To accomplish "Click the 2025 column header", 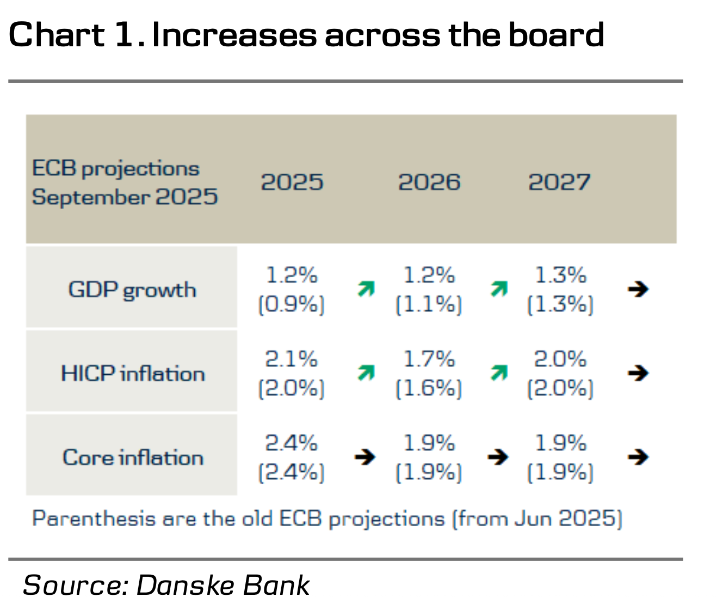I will [292, 182].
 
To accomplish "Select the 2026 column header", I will [429, 182].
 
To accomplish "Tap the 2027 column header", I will [559, 182].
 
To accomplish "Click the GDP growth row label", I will [132, 289].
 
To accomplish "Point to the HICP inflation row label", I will [132, 374].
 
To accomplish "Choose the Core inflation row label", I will [132, 458].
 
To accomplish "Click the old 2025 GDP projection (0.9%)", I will [291, 304].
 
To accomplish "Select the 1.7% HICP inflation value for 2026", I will [429, 359].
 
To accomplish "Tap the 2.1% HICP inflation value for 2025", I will [291, 359].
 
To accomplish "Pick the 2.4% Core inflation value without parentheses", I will [291, 443].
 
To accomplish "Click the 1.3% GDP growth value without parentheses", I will [560, 275].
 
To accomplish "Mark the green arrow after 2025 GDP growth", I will [366, 289].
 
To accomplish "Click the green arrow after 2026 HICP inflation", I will [499, 373].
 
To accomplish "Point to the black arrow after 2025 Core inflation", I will [364, 456].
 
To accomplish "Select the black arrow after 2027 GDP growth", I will [638, 289].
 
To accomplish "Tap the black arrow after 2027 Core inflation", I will [638, 456].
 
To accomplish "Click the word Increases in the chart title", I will [234, 35].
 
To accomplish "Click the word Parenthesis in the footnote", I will [93, 518].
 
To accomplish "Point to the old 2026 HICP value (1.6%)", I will [429, 388].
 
